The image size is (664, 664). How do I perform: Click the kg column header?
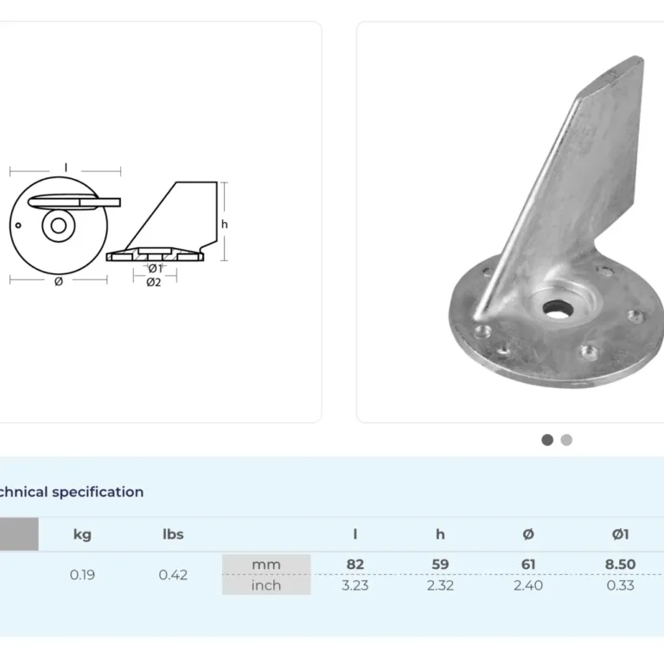(x=82, y=534)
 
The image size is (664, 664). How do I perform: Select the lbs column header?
(x=173, y=534)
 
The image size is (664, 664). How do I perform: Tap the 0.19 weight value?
(x=82, y=575)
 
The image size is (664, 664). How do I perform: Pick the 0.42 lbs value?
(x=173, y=575)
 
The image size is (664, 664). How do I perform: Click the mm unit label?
(x=266, y=565)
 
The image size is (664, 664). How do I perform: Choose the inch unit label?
(x=266, y=585)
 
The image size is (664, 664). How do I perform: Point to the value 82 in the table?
(x=355, y=564)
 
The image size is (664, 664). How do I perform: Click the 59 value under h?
(x=440, y=564)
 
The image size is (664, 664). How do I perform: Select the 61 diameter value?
(x=528, y=564)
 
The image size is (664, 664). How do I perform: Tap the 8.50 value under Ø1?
(x=621, y=564)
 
